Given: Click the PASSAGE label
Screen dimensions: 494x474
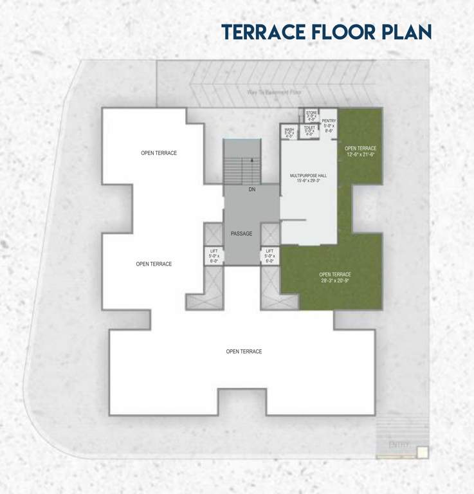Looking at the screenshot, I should pyautogui.click(x=242, y=233).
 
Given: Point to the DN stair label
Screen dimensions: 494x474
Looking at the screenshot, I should pyautogui.click(x=251, y=190).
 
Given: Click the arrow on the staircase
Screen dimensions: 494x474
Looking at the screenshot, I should pyautogui.click(x=251, y=161).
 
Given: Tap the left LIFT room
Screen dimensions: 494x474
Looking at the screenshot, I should pyautogui.click(x=214, y=255).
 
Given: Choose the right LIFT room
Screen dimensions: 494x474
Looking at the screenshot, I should pyautogui.click(x=269, y=255).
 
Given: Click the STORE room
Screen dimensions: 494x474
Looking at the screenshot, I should pyautogui.click(x=311, y=116).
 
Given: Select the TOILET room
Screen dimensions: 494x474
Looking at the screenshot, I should pyautogui.click(x=310, y=131).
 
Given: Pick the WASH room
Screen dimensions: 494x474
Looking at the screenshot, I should pyautogui.click(x=289, y=133).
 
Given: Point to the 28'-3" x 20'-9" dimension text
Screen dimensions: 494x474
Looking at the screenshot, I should pyautogui.click(x=335, y=281).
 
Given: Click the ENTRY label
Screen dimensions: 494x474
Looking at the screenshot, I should pyautogui.click(x=399, y=444).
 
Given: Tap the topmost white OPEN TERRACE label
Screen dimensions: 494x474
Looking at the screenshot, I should pyautogui.click(x=159, y=153).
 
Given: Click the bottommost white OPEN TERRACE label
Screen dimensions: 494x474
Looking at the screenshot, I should pyautogui.click(x=244, y=351).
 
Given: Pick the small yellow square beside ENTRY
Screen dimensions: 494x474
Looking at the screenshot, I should pyautogui.click(x=422, y=452).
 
